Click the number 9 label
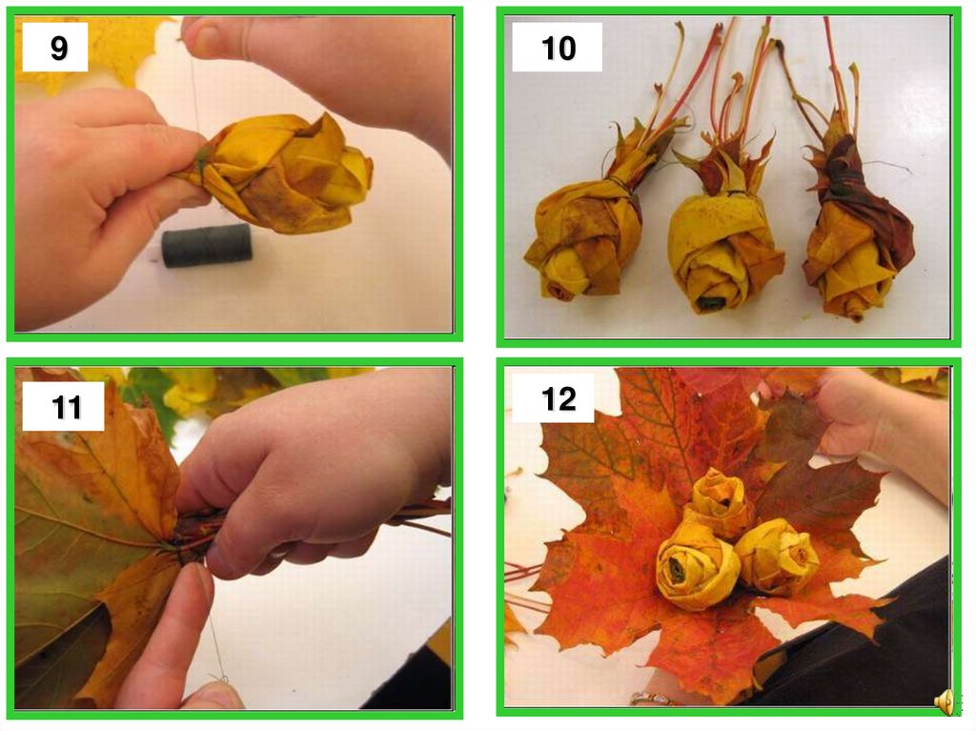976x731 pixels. (59, 48)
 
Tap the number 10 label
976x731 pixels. (559, 48)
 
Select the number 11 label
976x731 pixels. (67, 407)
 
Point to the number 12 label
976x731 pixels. (559, 398)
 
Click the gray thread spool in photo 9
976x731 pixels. (207, 245)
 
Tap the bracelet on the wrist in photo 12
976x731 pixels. (654, 699)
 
